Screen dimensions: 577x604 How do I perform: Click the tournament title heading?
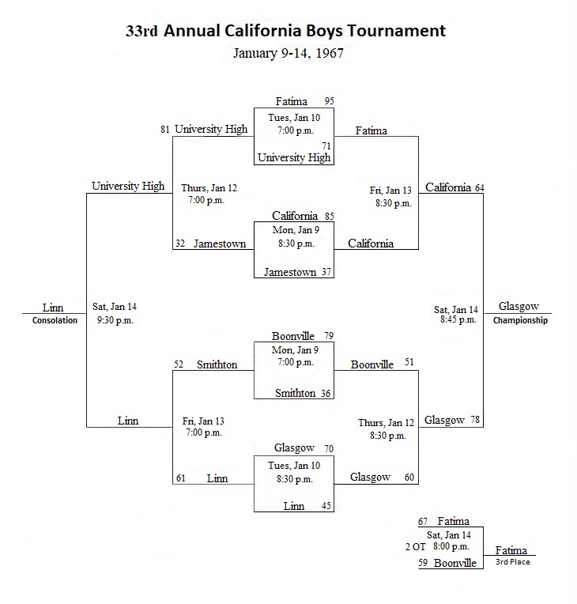(285, 31)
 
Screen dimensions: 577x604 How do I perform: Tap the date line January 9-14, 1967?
(288, 53)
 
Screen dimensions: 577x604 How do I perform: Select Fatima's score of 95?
(329, 101)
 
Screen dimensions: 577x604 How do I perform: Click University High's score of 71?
(326, 146)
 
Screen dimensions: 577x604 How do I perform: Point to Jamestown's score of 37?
(326, 272)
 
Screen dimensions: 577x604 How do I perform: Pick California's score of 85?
(329, 216)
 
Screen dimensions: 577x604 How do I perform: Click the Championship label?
(520, 320)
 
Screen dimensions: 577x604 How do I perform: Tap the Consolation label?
(55, 320)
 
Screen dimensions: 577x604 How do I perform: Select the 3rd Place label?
(513, 562)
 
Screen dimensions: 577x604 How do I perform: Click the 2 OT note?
(415, 547)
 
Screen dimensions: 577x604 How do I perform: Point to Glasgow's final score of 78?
(475, 420)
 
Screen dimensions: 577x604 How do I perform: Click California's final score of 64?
(480, 188)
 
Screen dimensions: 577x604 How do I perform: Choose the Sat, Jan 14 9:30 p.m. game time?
(115, 314)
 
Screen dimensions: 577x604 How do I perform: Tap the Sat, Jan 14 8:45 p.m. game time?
(456, 315)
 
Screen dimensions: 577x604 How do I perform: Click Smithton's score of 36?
(326, 393)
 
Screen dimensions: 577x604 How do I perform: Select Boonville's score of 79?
(329, 336)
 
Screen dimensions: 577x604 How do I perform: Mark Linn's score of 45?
(326, 506)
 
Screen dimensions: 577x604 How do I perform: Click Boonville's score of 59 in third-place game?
(423, 563)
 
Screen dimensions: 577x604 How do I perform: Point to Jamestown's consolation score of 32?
(180, 243)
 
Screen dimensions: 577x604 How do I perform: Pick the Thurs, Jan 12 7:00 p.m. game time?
(209, 194)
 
